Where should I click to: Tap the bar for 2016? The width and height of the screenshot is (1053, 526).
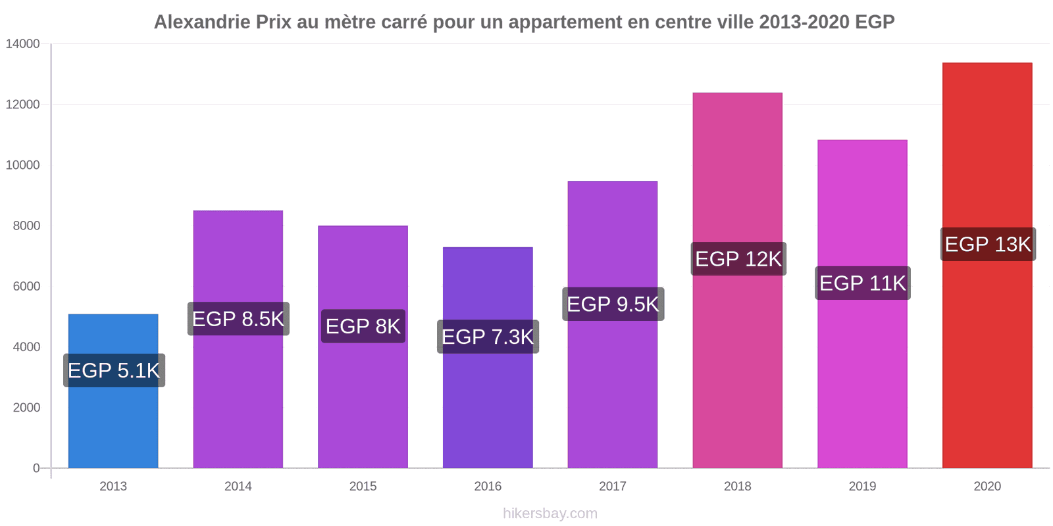pyautogui.click(x=488, y=408)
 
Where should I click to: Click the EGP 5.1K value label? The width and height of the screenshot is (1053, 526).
pyautogui.click(x=114, y=370)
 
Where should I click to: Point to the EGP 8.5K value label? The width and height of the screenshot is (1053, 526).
pyautogui.click(x=238, y=319)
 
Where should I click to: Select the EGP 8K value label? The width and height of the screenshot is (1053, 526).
pyautogui.click(x=363, y=326)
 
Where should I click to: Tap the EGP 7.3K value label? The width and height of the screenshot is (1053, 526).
pyautogui.click(x=488, y=337)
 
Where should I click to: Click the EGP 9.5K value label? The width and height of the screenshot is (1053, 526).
pyautogui.click(x=613, y=304)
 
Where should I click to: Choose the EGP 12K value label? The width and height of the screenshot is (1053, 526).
pyautogui.click(x=738, y=259)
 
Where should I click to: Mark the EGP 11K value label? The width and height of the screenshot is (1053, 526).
pyautogui.click(x=863, y=283)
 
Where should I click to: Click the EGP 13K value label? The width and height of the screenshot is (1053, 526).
pyautogui.click(x=988, y=244)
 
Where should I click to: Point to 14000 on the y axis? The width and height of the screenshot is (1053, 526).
pyautogui.click(x=23, y=44)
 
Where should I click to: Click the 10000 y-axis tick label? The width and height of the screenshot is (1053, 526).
pyautogui.click(x=23, y=165)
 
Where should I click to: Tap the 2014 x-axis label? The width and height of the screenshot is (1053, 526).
pyautogui.click(x=238, y=487)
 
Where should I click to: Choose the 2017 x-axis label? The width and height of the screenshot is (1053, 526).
pyautogui.click(x=613, y=487)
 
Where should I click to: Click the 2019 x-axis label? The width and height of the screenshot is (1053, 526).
pyautogui.click(x=862, y=487)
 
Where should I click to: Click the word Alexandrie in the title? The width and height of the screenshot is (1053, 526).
pyautogui.click(x=202, y=22)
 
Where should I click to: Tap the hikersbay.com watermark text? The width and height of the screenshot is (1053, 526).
pyautogui.click(x=550, y=514)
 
